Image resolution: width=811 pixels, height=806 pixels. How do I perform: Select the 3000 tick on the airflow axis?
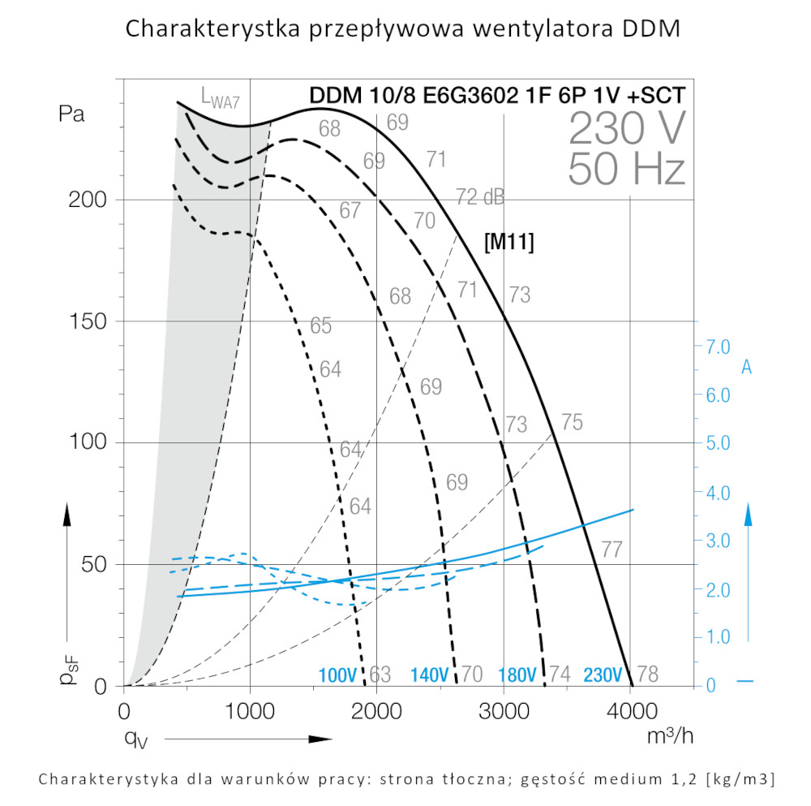[504, 712]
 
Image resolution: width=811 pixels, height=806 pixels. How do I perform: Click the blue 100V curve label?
[338, 675]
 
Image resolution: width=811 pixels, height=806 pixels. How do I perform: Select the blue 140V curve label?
[429, 675]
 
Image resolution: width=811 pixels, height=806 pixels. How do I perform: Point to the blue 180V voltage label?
[517, 675]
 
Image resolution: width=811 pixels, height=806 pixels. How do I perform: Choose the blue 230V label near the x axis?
[603, 675]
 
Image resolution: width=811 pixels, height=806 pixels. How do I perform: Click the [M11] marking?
[508, 242]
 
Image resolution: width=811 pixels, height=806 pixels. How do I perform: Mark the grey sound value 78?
[648, 675]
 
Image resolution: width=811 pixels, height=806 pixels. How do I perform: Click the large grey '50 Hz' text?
[627, 169]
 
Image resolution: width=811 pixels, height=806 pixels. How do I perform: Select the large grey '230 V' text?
[627, 128]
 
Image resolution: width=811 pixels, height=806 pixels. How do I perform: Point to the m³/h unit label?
[670, 737]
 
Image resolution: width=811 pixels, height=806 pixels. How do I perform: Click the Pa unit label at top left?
[71, 114]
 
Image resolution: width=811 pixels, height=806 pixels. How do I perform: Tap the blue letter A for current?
[746, 369]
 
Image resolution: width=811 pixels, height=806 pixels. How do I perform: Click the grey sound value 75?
[572, 422]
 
